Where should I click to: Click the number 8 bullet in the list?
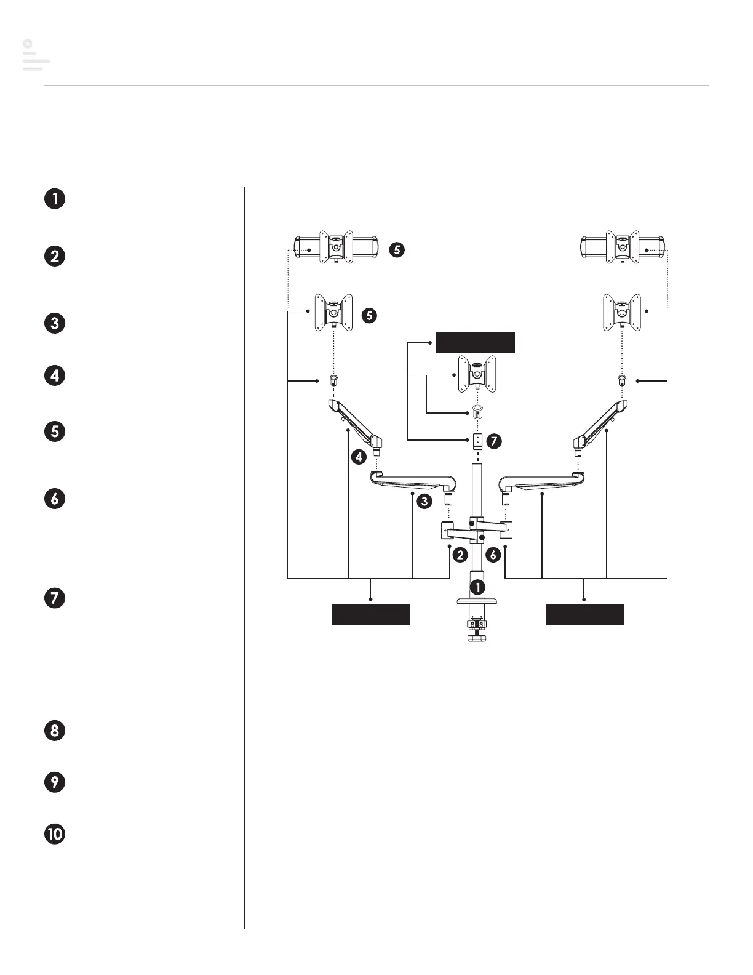(x=55, y=731)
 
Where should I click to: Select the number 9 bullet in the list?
(x=55, y=782)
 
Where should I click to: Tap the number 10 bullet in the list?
(x=55, y=834)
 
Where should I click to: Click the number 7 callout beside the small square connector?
(x=493, y=441)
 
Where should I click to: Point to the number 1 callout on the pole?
(x=478, y=587)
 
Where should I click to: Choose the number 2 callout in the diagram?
(x=460, y=555)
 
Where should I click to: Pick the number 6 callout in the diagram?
(x=493, y=555)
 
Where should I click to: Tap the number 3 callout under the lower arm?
(x=424, y=501)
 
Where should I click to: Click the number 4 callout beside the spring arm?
(x=359, y=457)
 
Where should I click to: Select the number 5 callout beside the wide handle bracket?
(x=397, y=249)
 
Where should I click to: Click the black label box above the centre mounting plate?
(x=475, y=342)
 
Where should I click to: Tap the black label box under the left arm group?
(x=370, y=614)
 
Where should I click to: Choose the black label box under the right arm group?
(x=584, y=614)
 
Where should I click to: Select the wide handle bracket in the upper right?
(x=623, y=247)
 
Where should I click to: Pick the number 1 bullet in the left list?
(x=55, y=199)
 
